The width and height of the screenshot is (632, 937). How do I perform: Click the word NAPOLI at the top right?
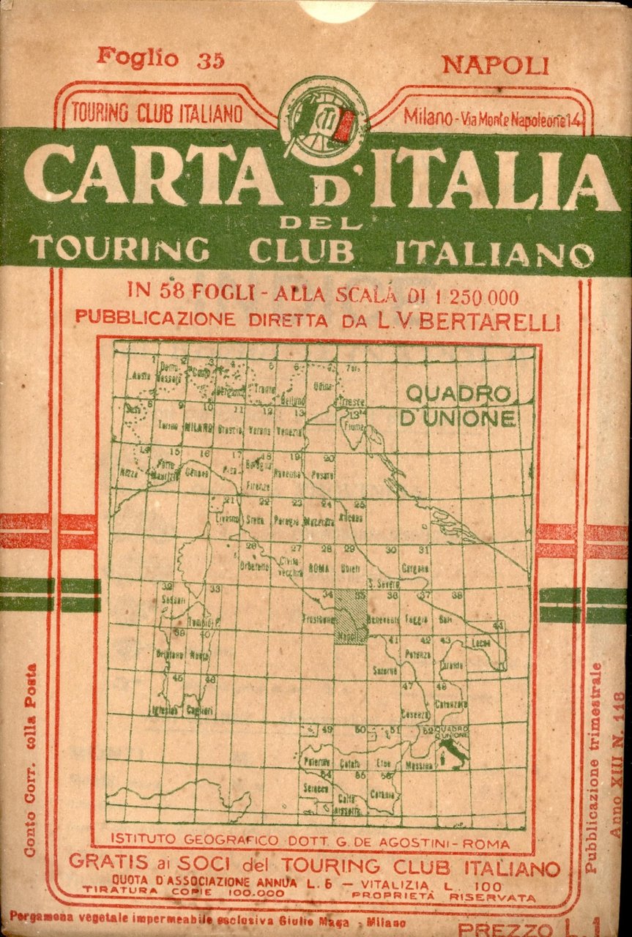click(495, 66)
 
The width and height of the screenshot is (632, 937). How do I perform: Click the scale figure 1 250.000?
click(466, 297)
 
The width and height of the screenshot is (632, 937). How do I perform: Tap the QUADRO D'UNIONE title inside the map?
click(458, 406)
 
